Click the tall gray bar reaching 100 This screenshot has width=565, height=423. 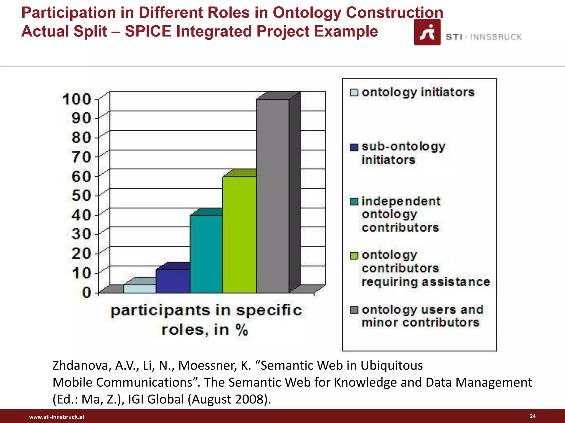[273, 196]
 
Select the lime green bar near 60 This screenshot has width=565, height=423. [239, 234]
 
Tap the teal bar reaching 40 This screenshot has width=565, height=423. [206, 253]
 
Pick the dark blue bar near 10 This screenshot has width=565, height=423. [173, 281]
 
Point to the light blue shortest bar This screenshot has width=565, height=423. [140, 289]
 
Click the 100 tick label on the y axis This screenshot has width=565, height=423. [76, 99]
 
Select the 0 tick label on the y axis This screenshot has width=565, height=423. [86, 292]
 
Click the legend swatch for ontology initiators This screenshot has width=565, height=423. [354, 93]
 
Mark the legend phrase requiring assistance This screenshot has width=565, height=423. [425, 282]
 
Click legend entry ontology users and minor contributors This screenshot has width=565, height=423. [422, 316]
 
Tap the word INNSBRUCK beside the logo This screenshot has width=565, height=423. [496, 37]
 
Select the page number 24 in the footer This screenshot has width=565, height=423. [532, 416]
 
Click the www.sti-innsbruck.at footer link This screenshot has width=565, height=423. [57, 417]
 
